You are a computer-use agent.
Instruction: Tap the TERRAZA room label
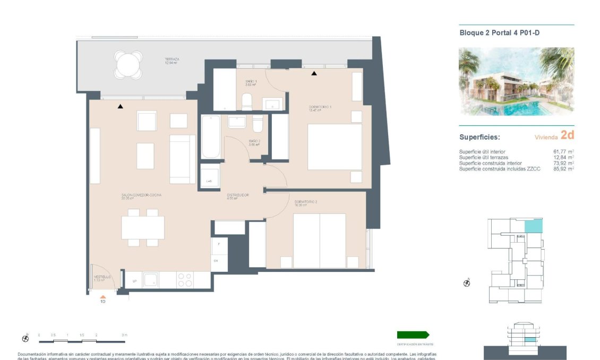[172, 60]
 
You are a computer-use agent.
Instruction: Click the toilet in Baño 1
[247, 101]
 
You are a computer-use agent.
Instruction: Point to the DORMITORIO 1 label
[320, 108]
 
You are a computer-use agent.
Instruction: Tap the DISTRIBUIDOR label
[238, 195]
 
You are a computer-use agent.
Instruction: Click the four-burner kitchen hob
[185, 280]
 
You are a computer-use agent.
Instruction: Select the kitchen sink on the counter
[151, 280]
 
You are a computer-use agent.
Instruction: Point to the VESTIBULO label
[102, 277]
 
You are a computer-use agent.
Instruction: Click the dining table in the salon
[142, 227]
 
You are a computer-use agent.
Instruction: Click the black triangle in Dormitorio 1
[314, 73]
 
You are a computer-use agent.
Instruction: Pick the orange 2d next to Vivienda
[567, 135]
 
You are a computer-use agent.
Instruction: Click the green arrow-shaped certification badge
[413, 335]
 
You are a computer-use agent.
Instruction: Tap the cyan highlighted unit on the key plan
[533, 226]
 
